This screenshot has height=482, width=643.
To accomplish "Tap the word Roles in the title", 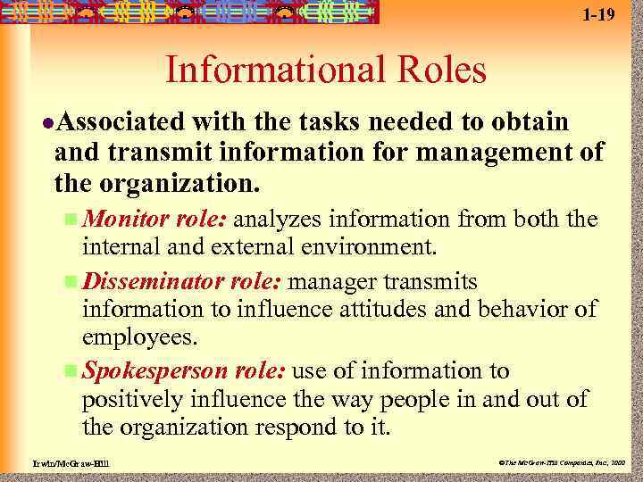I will (x=435, y=70).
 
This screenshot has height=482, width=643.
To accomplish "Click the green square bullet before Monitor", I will (x=71, y=220).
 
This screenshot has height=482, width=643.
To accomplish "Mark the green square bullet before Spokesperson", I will (x=71, y=372).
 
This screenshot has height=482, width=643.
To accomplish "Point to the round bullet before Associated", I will (x=46, y=121).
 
